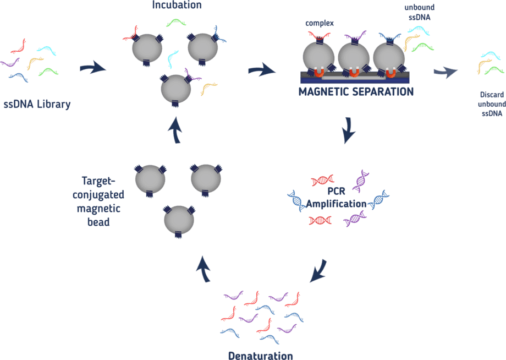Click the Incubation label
177,6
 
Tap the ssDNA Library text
37,104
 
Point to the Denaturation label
261,355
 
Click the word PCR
336,193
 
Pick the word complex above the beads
320,24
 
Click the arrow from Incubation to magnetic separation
262,70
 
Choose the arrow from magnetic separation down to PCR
348,131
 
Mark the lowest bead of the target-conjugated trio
179,219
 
